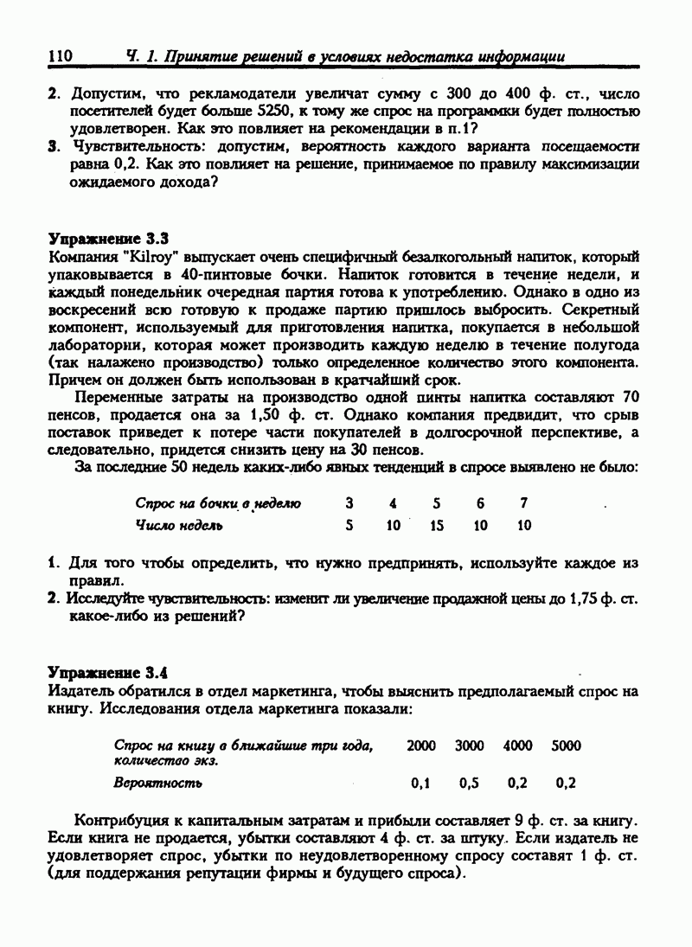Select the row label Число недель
(179, 525)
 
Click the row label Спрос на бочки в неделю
(217, 503)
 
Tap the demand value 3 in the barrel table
(349, 503)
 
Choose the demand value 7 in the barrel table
(523, 503)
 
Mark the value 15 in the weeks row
(437, 525)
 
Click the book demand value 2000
(421, 745)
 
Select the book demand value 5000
(567, 745)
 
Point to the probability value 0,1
(421, 784)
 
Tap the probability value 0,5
(470, 784)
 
